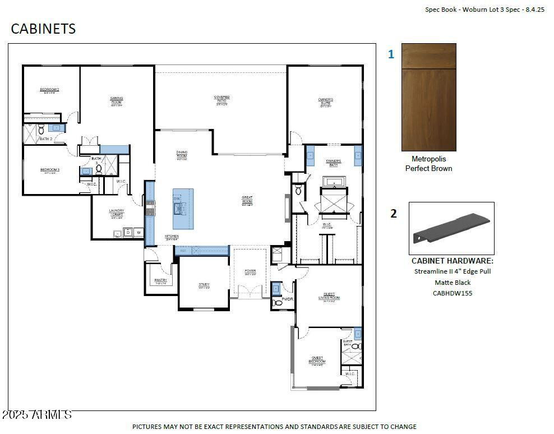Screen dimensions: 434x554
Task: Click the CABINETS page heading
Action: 43,29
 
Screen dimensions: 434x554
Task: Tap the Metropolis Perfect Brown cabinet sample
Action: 429,97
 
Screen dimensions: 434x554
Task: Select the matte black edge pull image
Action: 451,228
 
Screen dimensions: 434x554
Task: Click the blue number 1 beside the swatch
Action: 391,55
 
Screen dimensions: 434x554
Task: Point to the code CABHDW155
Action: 452,293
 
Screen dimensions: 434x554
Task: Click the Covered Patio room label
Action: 221,99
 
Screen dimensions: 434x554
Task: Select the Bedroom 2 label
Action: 49,90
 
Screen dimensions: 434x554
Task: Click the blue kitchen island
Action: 183,209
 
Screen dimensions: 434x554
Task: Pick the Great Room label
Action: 247,199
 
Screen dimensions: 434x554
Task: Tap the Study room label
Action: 204,285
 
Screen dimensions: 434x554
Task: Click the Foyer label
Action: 250,272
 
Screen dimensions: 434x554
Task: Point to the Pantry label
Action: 161,281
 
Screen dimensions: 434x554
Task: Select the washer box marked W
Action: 137,232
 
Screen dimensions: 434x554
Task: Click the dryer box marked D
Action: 127,232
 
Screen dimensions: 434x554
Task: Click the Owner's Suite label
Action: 326,101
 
